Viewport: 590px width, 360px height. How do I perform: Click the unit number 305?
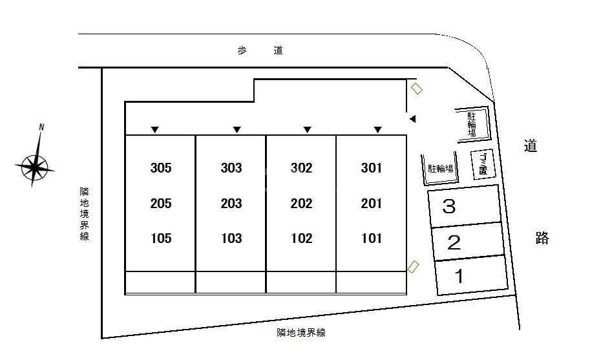160,168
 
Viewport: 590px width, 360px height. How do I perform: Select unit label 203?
231,204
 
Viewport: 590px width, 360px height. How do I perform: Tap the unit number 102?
301,238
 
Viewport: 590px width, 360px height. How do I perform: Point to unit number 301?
372,168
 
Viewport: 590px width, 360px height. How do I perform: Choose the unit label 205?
160,204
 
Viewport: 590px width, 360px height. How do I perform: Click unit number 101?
372,238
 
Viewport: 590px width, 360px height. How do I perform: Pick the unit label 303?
231,168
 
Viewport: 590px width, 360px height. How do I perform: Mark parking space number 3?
449,207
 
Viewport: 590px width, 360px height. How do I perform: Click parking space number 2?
454,243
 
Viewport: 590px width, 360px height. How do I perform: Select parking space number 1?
459,277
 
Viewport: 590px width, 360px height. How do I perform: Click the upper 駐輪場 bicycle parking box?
472,124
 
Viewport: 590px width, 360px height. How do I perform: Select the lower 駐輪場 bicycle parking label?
440,169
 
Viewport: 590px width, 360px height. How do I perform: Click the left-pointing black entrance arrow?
412,118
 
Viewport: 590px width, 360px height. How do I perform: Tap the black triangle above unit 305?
154,130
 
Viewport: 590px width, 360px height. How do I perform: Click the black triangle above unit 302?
307,130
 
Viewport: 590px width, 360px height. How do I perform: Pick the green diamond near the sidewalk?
417,89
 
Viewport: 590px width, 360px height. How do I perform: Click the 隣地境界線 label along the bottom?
300,333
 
